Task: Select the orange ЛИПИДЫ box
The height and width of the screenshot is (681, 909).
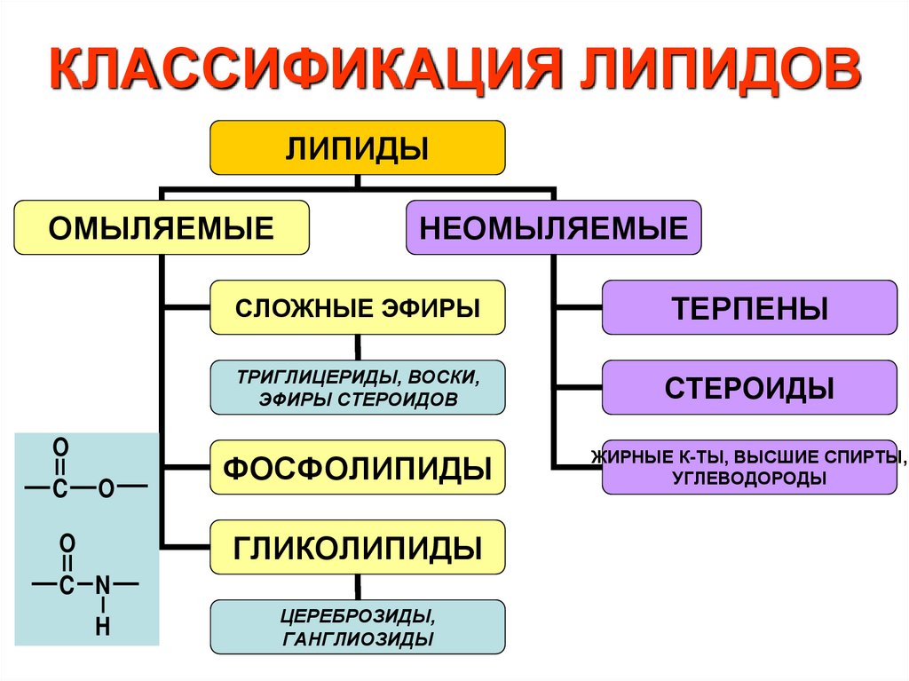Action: (357, 147)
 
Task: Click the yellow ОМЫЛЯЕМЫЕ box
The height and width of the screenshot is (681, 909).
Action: (161, 227)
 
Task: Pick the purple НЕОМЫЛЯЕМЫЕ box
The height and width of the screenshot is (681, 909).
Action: (553, 227)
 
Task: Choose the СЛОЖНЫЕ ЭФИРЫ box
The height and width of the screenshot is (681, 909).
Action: (357, 308)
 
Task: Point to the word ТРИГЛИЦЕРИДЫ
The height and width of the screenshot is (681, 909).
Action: (300, 376)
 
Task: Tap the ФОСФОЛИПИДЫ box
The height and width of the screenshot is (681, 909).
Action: (357, 467)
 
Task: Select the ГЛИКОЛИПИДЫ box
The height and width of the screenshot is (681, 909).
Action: (357, 547)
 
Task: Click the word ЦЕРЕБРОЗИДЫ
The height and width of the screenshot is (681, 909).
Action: (358, 615)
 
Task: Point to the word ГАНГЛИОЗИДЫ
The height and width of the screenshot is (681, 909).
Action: (358, 639)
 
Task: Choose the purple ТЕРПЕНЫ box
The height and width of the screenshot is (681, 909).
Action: (749, 308)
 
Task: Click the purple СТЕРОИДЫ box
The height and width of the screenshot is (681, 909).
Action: (749, 388)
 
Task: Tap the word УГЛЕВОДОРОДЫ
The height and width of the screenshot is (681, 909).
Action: (749, 479)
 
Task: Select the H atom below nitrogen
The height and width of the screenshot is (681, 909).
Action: (103, 627)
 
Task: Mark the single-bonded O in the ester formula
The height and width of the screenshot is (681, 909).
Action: (105, 488)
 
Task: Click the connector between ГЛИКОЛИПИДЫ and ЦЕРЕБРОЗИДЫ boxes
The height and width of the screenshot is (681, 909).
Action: (358, 586)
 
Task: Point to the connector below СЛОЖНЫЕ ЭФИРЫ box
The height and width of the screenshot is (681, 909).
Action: (358, 347)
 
